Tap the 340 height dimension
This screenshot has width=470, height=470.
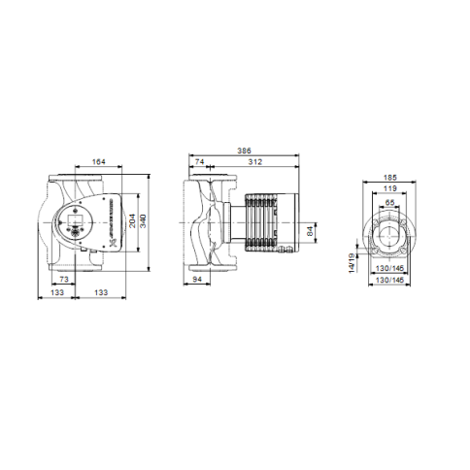pos(143,222)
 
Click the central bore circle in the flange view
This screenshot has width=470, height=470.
pos(388,235)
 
